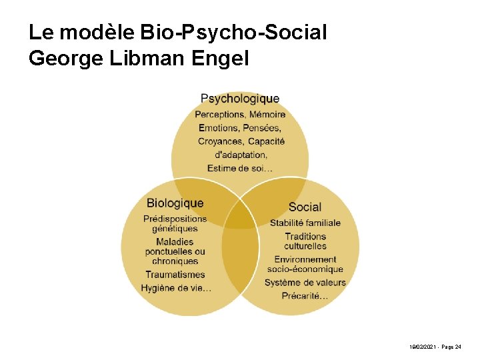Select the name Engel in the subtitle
coord(220,59)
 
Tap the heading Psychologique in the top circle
coord(240,99)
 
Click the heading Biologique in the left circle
coord(175,203)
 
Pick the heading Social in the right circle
coord(305,207)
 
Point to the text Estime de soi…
coord(240,168)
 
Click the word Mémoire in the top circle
coord(267,115)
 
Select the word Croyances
coord(221,141)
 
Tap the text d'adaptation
coord(241,155)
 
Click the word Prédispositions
coord(175,219)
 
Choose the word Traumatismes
coord(175,274)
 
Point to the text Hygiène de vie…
coord(176,287)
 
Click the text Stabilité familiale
coord(305,223)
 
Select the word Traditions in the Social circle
coord(305,236)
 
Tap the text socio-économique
coord(305,269)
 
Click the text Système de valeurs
coord(305,282)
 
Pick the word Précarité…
coord(305,295)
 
